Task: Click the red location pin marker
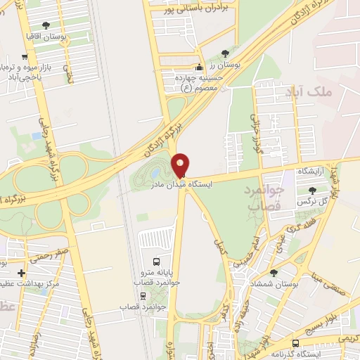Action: pyautogui.click(x=181, y=165)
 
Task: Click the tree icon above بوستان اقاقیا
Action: pyautogui.click(x=46, y=25)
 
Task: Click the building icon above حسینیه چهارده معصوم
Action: pyautogui.click(x=199, y=68)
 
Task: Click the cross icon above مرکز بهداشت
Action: pyautogui.click(x=21, y=273)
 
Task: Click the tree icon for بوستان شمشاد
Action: pyautogui.click(x=273, y=272)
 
